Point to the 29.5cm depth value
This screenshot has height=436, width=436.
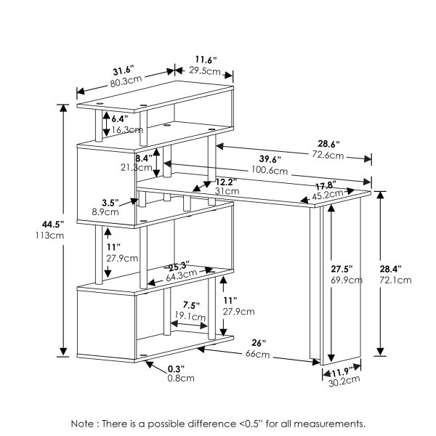(206, 70)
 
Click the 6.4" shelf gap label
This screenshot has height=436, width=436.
(120, 117)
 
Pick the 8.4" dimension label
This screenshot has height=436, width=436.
(143, 156)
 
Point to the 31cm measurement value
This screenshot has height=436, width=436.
(225, 191)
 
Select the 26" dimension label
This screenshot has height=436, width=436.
(259, 342)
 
